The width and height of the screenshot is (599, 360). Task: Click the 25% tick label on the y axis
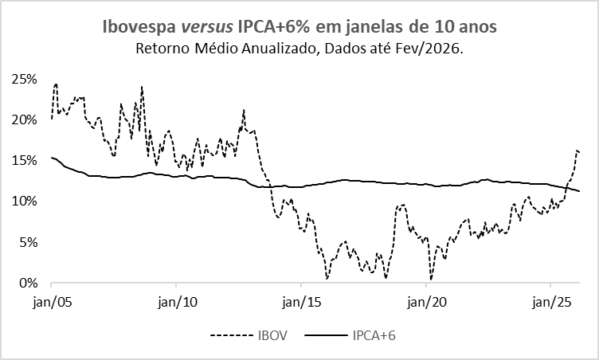point(24,80)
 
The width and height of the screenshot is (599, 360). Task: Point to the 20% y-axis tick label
point(24,120)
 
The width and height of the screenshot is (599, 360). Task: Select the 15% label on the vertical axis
point(24,161)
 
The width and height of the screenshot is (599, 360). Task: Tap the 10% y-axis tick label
point(24,202)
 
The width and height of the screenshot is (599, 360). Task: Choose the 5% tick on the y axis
point(27,242)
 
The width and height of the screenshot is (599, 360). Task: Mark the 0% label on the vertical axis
point(27,283)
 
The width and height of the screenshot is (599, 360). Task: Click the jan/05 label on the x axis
point(51,303)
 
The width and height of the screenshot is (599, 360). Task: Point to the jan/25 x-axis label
point(550,303)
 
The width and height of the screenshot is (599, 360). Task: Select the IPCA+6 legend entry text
point(374,335)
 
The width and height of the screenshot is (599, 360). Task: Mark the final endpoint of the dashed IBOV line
point(579,152)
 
